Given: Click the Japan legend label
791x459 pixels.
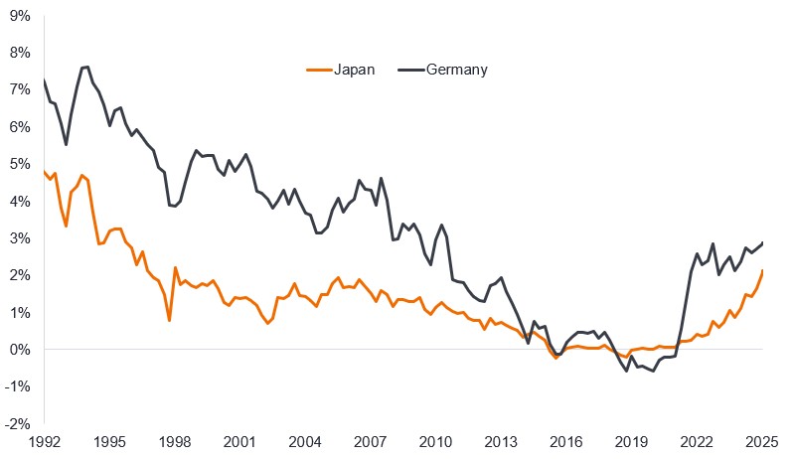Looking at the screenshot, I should point(355,70).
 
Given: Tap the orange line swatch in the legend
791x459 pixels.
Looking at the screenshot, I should point(318,70).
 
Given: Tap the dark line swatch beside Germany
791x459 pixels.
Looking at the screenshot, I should point(411,70).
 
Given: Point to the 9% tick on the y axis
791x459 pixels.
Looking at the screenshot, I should point(20,15).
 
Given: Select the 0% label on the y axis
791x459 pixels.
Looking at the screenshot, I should point(20,350).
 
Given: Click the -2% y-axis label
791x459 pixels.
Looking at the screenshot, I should point(18,424).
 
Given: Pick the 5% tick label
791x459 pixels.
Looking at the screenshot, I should point(20,164).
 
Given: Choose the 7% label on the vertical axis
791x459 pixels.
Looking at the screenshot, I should point(20,89).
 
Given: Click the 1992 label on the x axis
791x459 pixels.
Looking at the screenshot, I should point(45,442).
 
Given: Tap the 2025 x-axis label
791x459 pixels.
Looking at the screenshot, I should point(762,442).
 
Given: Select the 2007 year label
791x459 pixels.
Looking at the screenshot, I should point(371,442).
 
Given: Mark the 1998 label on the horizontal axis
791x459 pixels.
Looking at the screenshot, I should point(175,442).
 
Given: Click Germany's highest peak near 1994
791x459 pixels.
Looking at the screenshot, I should point(87,67).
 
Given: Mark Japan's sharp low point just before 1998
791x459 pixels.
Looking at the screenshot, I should point(170,320).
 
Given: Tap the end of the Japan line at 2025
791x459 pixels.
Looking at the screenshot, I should point(762,270).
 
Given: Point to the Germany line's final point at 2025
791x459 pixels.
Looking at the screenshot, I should point(762,242).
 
